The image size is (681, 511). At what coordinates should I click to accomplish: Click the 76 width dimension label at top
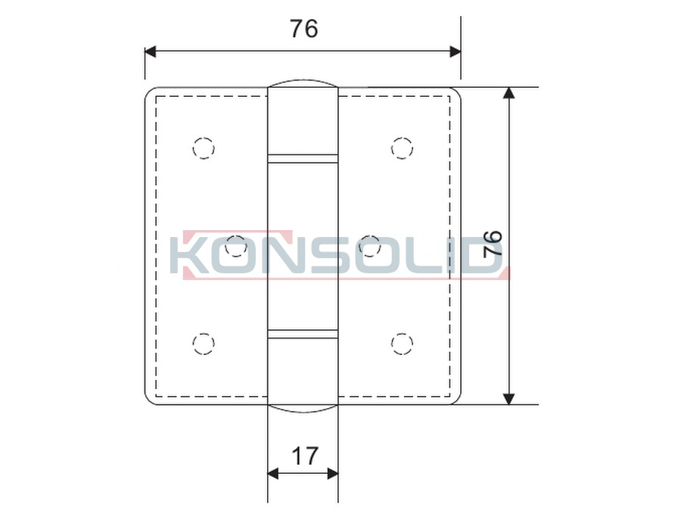point(303,29)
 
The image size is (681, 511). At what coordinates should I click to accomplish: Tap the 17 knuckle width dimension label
point(304,456)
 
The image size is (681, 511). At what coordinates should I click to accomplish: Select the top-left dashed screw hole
point(204,148)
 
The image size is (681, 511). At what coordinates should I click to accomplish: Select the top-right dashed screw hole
point(402,148)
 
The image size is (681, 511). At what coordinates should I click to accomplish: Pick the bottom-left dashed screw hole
point(204,344)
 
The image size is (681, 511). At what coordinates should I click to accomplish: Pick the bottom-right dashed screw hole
point(402,344)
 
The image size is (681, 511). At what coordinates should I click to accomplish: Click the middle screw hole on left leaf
point(237,245)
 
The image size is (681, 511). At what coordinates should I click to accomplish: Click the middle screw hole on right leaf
point(369,245)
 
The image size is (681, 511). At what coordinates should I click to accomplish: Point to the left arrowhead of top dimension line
point(150,51)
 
